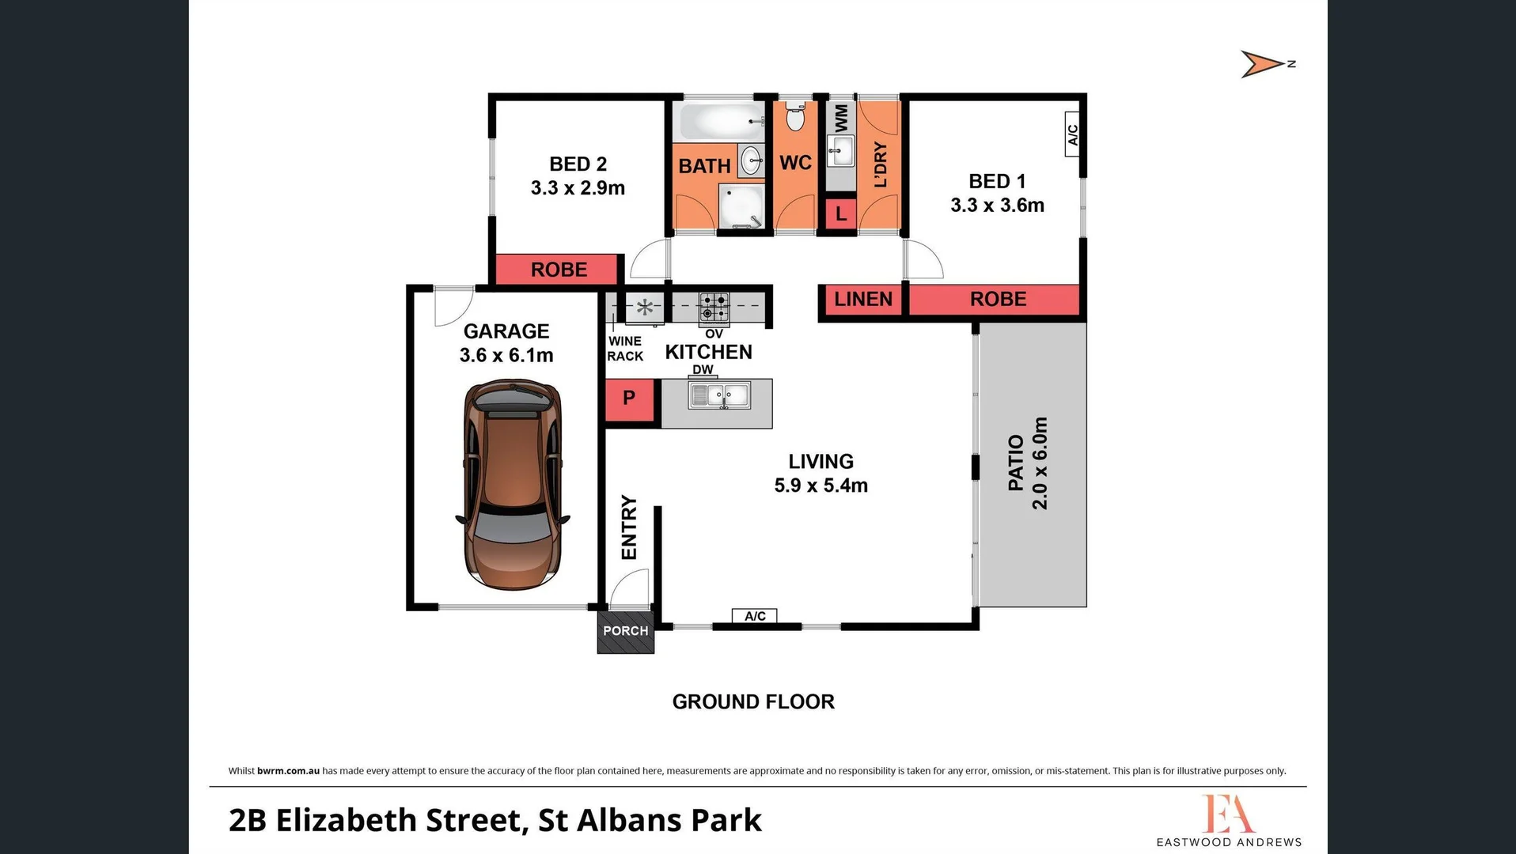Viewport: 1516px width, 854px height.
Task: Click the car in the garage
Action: (x=512, y=484)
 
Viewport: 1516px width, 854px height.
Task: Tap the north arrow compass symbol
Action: (x=1264, y=64)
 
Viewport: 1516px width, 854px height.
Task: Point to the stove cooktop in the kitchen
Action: (x=714, y=306)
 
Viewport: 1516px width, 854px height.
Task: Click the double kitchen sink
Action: (x=718, y=395)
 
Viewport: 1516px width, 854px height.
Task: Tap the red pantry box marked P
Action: (x=629, y=399)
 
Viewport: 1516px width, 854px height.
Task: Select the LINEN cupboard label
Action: (x=862, y=300)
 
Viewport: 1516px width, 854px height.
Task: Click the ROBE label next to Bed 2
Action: (x=559, y=270)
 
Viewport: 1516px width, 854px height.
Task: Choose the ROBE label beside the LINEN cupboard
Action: (x=998, y=300)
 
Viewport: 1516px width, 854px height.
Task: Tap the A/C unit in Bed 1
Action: (x=1072, y=134)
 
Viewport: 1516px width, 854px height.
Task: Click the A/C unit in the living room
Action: (x=755, y=616)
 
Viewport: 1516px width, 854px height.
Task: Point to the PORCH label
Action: (x=625, y=631)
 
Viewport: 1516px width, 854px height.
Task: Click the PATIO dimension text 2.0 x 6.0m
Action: (x=1040, y=463)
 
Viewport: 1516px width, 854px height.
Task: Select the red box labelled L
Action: (x=840, y=213)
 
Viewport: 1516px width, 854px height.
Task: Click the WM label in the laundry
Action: (x=841, y=118)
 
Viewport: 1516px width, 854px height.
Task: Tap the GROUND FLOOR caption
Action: (x=753, y=702)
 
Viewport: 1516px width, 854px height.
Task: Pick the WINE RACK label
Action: (x=625, y=349)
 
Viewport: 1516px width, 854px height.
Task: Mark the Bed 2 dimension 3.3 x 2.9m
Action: (x=578, y=188)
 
